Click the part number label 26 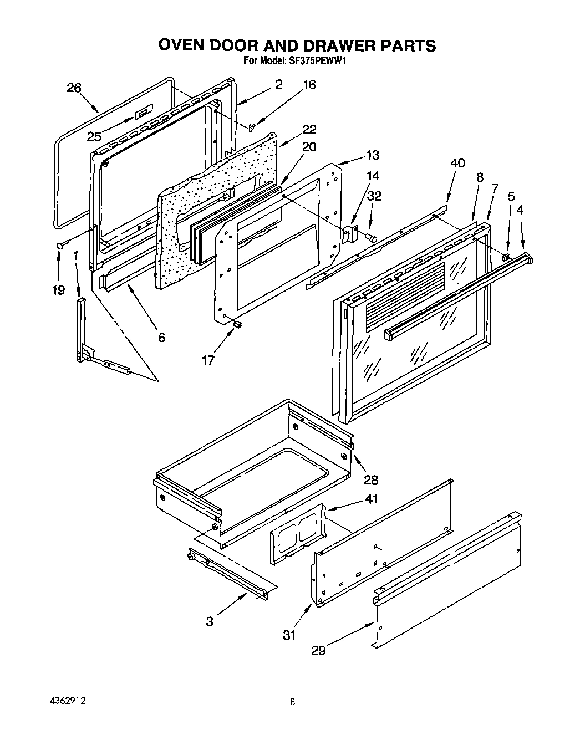click(74, 88)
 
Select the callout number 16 click(309, 85)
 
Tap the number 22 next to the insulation click(309, 129)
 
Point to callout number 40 click(457, 163)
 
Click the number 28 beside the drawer click(370, 479)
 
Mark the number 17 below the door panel click(207, 360)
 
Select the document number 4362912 click(66, 701)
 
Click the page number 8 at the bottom click(292, 702)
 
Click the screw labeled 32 click(372, 238)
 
